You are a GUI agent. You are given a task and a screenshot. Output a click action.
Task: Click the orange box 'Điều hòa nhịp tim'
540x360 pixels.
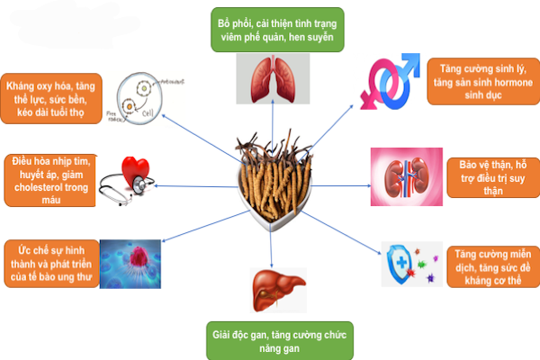(49, 181)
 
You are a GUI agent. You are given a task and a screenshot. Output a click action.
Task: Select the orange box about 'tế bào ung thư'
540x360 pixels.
(49, 262)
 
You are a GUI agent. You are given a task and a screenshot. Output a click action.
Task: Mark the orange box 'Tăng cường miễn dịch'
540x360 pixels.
(491, 262)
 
